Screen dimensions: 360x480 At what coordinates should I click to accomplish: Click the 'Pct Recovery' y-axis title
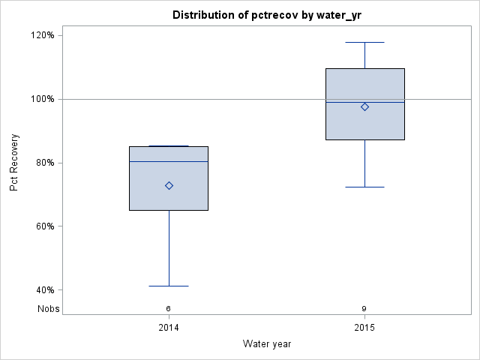pos(14,163)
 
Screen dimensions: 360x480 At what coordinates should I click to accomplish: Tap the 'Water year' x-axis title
pos(267,343)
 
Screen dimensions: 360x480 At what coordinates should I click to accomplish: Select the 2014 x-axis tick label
pos(169,328)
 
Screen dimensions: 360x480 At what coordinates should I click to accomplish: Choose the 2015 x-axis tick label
pos(364,328)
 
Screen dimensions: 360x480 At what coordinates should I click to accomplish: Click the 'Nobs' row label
pos(49,308)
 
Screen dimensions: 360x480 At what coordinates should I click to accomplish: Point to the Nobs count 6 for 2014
pos(169,308)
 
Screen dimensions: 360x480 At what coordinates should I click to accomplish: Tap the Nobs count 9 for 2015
pos(364,308)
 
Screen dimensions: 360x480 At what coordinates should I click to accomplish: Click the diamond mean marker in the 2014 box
pos(169,185)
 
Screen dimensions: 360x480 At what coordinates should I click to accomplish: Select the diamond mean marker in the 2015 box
pos(364,106)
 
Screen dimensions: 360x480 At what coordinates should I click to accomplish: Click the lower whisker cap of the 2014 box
pos(169,286)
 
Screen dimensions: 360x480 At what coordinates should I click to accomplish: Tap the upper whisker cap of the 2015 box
pos(364,42)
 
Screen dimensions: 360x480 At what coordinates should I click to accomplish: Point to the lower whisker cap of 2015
pos(364,187)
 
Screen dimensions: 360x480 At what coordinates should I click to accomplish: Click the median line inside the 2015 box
pos(345,102)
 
